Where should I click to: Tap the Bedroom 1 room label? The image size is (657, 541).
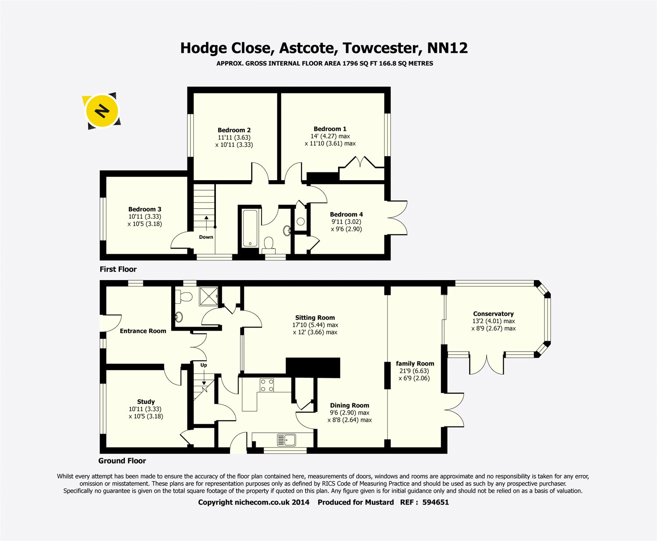pos(330,129)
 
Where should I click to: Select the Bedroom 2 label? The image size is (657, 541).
pos(234,130)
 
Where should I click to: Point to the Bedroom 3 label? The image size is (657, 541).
pos(145,209)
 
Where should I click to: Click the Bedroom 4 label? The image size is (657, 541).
pos(346,214)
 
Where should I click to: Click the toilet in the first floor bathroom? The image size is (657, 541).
pos(269,243)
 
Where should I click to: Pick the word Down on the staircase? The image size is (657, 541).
pos(206,237)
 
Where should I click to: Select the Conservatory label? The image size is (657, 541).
pos(493,314)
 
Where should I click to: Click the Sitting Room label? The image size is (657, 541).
pos(314,318)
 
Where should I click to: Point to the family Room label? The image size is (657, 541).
pos(415,363)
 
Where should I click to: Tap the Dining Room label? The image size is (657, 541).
pos(349,406)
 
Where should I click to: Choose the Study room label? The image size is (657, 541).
pos(146,402)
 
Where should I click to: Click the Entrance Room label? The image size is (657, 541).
pos(143,331)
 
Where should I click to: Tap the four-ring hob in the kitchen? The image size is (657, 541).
pos(267,385)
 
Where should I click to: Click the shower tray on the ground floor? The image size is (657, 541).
pos(209,294)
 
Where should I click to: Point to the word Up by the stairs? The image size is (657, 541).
pos(204,365)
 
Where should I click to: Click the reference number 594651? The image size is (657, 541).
pos(435,502)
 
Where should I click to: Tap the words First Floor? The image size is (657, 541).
pos(118,269)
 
